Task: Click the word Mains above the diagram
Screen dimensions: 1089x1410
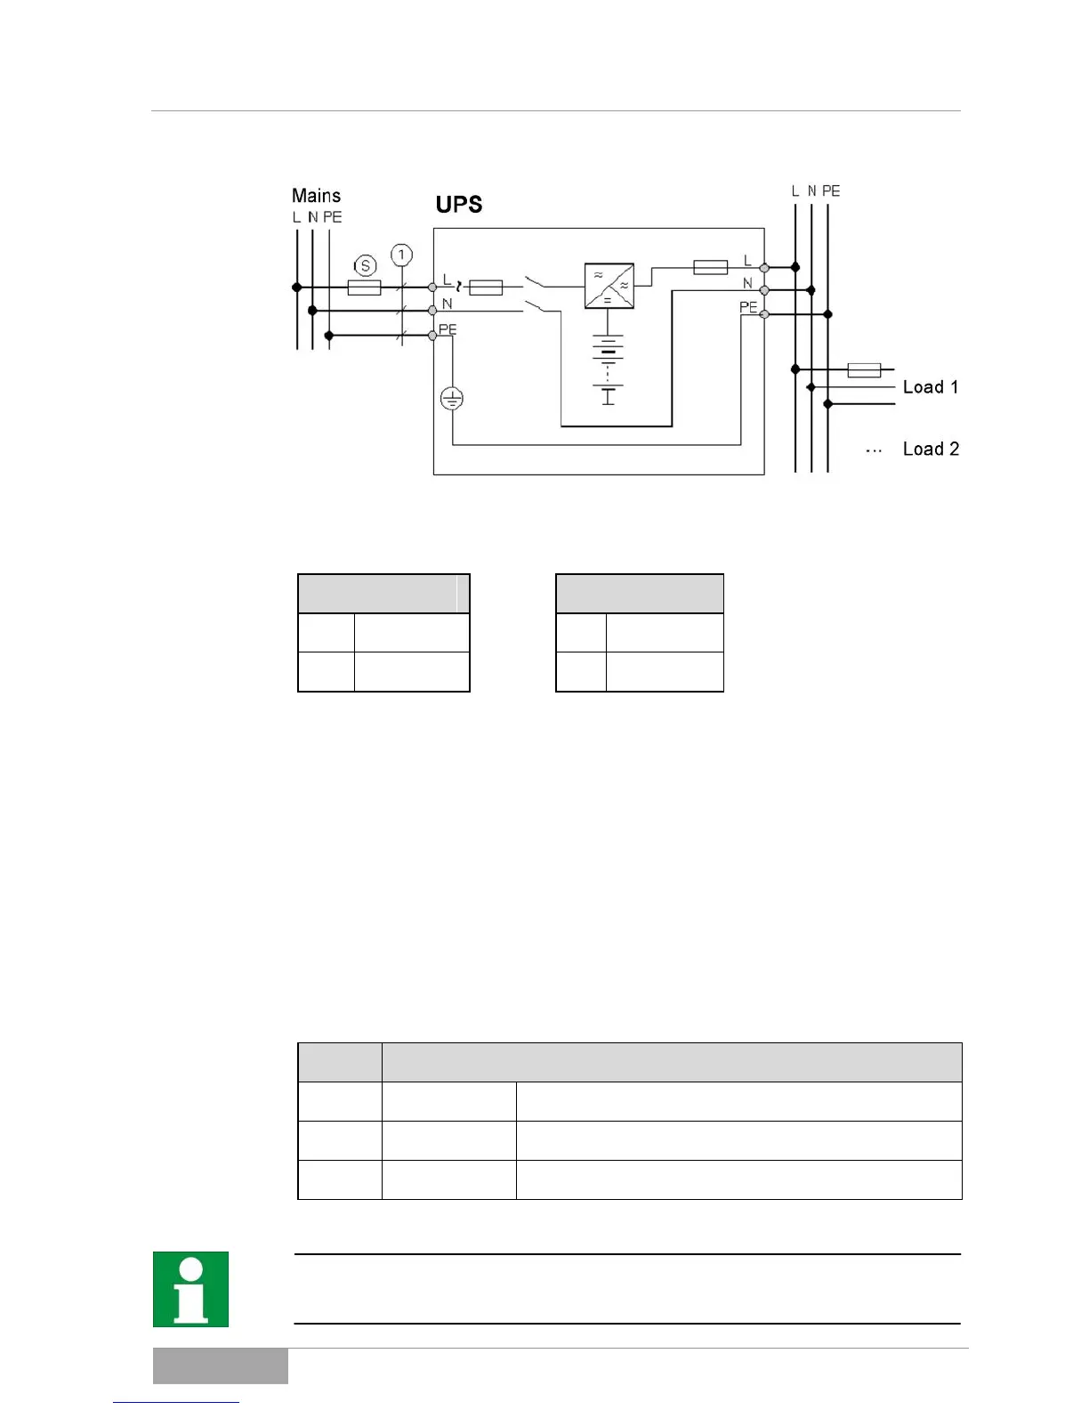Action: [316, 196]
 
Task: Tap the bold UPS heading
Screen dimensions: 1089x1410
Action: [459, 205]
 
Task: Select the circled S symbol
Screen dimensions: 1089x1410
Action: [365, 265]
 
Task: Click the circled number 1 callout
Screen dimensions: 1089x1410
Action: [401, 255]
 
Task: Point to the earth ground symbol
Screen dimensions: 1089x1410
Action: [452, 399]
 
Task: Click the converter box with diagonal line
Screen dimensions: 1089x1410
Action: [609, 286]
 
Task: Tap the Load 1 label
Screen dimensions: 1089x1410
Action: [930, 387]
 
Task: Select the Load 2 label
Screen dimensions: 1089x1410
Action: [931, 450]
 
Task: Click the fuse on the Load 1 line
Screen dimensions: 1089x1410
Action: [864, 369]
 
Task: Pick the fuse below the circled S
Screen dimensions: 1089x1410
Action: [363, 288]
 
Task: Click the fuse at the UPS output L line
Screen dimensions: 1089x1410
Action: [710, 266]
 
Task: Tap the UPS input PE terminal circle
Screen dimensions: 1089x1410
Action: [433, 336]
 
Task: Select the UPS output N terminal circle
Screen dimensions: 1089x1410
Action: [764, 290]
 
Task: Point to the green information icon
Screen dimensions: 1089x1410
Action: [190, 1289]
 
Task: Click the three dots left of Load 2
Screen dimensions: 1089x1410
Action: [874, 451]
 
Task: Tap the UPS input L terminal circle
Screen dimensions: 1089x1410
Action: [433, 288]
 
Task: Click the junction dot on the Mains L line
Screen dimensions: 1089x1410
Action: [297, 288]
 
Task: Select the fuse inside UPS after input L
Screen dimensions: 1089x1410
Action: [485, 288]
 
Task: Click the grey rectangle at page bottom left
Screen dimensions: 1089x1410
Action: [220, 1365]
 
